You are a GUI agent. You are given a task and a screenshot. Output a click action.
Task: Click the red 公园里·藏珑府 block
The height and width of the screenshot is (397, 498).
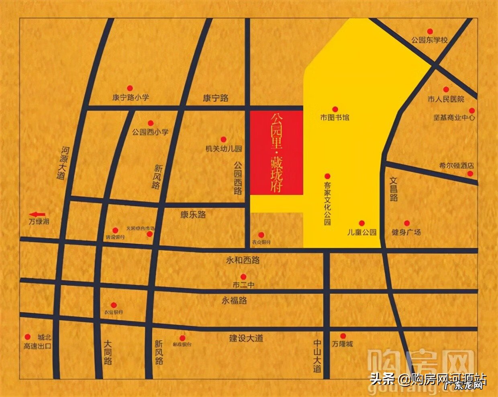pyautogui.click(x=277, y=153)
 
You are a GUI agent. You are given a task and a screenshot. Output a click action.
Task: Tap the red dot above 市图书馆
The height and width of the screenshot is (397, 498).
pyautogui.click(x=335, y=109)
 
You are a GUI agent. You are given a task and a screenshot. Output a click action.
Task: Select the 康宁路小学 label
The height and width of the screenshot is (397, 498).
pyautogui.click(x=131, y=98)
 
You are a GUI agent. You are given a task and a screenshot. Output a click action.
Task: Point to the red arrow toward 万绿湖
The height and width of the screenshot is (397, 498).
pyautogui.click(x=39, y=214)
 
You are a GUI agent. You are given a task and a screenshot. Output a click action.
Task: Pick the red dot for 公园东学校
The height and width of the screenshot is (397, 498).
pyautogui.click(x=430, y=31)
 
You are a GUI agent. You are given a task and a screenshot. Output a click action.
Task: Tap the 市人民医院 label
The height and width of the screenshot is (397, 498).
pyautogui.click(x=446, y=99)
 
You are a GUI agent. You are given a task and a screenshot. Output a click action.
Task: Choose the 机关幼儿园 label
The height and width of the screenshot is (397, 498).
pyautogui.click(x=224, y=149)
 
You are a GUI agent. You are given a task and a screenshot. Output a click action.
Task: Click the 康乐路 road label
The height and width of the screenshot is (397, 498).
pyautogui.click(x=193, y=215)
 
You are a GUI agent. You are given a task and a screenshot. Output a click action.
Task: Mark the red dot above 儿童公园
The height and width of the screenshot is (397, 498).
pyautogui.click(x=361, y=223)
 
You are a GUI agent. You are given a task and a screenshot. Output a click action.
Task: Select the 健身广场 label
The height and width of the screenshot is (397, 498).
pyautogui.click(x=406, y=232)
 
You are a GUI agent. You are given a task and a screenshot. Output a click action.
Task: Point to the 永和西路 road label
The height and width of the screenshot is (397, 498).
pyautogui.click(x=243, y=260)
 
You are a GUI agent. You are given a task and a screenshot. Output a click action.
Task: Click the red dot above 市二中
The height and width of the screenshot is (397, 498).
pyautogui.click(x=243, y=276)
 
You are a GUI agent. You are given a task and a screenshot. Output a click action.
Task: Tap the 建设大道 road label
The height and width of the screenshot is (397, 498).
pyautogui.click(x=246, y=338)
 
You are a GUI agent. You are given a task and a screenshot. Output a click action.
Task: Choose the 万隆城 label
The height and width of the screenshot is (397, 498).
pyautogui.click(x=343, y=344)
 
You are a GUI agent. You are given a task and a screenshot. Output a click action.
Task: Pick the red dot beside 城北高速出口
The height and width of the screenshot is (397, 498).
pyautogui.click(x=28, y=337)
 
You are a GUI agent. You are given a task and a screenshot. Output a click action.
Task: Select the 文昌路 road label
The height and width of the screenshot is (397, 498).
pyautogui.click(x=393, y=190)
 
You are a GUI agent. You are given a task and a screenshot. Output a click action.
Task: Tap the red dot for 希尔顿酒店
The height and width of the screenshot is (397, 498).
pyautogui.click(x=470, y=174)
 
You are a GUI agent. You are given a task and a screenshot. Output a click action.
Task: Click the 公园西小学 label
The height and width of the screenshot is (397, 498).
pyautogui.click(x=151, y=132)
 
